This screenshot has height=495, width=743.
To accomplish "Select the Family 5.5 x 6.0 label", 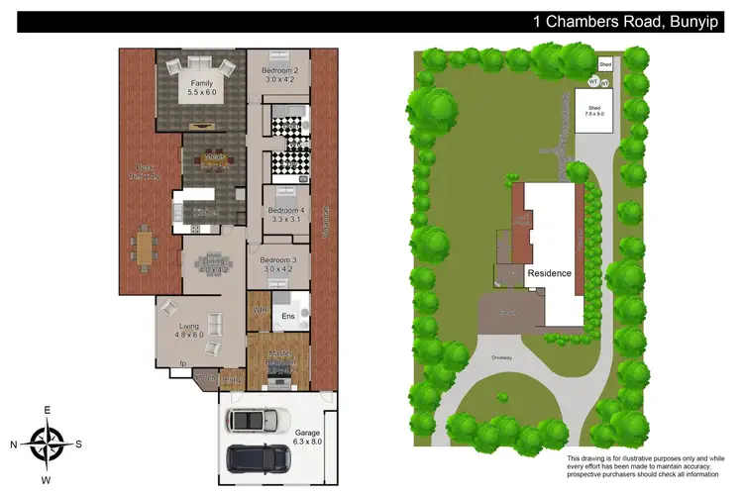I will coord(202,90).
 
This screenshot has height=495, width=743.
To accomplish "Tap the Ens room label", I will coord(288,317).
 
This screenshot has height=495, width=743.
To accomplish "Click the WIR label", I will coord(261,310).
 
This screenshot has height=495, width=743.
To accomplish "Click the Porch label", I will coord(205,377).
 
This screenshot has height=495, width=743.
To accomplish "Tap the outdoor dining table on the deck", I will coord(146,247).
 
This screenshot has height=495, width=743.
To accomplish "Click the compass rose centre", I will coord(46,443).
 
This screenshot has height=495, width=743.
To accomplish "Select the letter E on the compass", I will coord(46,410).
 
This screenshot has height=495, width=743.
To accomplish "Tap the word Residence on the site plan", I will coord(550,273).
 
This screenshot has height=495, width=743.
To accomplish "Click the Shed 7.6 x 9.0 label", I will coord(594,111).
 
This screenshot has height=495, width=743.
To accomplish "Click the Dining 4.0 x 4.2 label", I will coord(212,265).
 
